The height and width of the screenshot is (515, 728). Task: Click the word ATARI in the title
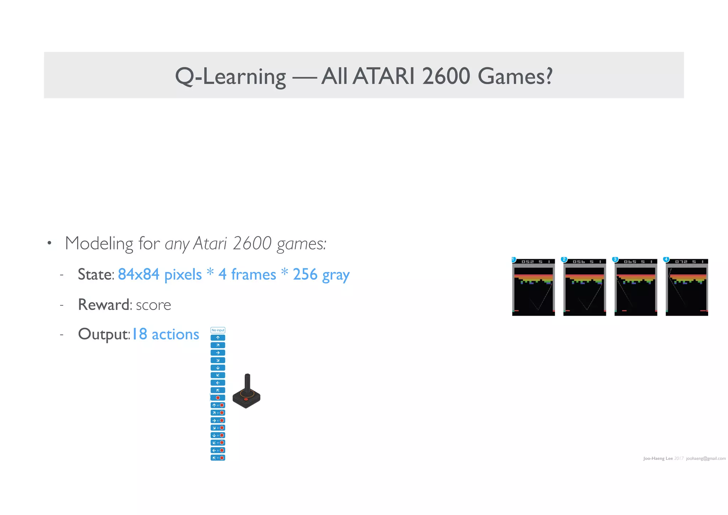pyautogui.click(x=383, y=76)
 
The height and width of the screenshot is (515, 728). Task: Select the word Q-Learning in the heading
pyautogui.click(x=230, y=77)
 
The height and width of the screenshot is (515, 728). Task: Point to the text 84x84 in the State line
pyautogui.click(x=139, y=274)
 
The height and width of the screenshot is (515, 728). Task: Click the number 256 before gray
pyautogui.click(x=305, y=274)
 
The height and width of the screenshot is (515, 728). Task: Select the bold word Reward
pyautogui.click(x=103, y=305)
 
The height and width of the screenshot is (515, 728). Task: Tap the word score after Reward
pyautogui.click(x=153, y=305)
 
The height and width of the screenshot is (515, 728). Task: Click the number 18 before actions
pyautogui.click(x=139, y=334)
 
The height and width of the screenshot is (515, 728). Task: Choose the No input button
pyautogui.click(x=218, y=330)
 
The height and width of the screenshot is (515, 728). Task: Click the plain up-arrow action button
pyautogui.click(x=218, y=338)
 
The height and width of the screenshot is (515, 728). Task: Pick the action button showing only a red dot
pyautogui.click(x=218, y=398)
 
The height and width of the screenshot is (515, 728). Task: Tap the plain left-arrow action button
pyautogui.click(x=218, y=383)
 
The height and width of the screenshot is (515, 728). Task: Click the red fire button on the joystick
pyautogui.click(x=246, y=399)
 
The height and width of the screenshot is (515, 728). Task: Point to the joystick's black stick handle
pyautogui.click(x=247, y=383)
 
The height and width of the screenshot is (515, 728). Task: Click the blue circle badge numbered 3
pyautogui.click(x=615, y=259)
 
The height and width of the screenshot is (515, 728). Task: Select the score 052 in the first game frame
pyautogui.click(x=528, y=262)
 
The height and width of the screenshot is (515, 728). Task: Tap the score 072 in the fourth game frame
pyautogui.click(x=681, y=262)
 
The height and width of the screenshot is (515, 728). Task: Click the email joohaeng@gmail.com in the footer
pyautogui.click(x=706, y=458)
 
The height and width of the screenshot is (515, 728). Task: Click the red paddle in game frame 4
pyautogui.click(x=703, y=311)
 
